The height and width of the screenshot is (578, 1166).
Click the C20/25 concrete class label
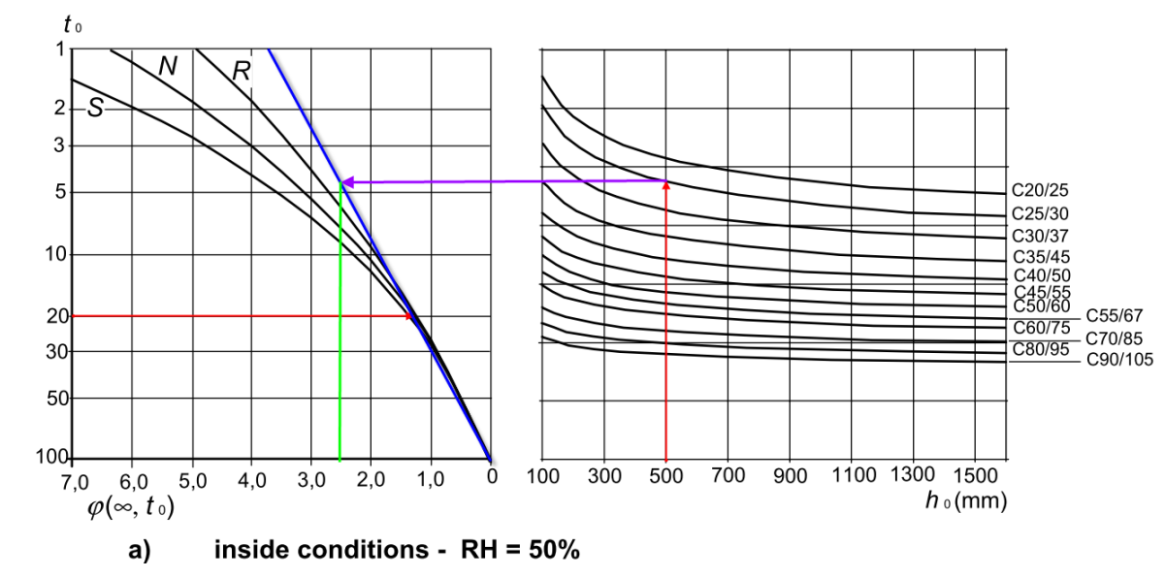[1040, 191]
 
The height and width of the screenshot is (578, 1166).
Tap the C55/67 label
[1116, 315]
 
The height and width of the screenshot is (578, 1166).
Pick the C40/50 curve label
[1040, 276]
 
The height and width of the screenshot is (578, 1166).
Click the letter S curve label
[95, 110]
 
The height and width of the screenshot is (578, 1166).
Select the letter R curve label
[242, 69]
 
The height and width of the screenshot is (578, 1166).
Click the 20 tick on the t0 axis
[58, 316]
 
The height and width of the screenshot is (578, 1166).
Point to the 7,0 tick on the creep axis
[74, 477]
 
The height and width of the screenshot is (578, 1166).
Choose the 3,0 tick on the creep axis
[311, 477]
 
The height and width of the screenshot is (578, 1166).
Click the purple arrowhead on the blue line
[346, 181]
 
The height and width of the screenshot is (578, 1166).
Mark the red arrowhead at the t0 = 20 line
[408, 316]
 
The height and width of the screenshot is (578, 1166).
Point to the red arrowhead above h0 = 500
[665, 185]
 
